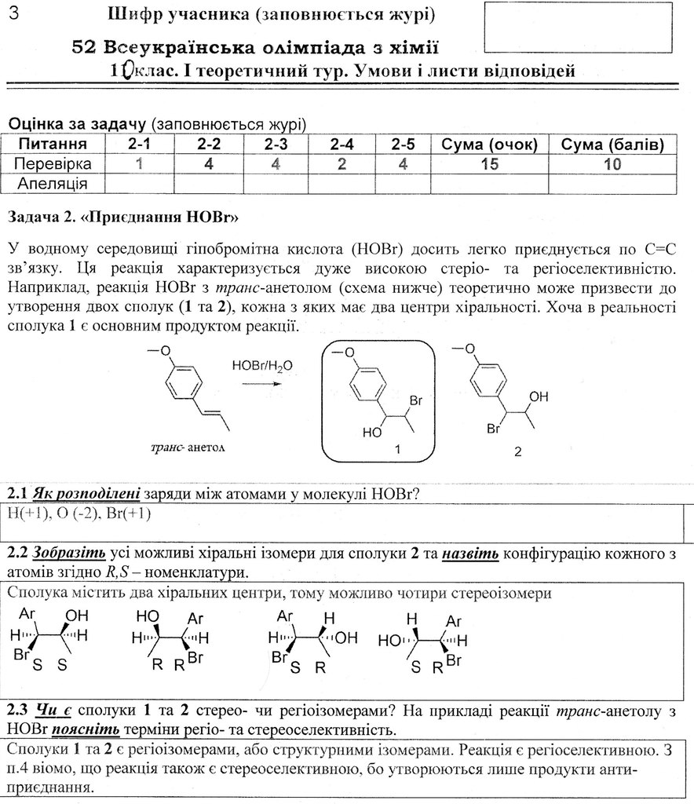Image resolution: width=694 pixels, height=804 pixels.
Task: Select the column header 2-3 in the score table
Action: (x=276, y=144)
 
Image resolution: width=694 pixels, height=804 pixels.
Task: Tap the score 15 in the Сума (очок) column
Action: (x=489, y=164)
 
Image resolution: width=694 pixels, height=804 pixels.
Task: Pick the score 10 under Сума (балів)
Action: (x=612, y=164)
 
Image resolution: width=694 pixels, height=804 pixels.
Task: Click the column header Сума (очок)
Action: (x=489, y=144)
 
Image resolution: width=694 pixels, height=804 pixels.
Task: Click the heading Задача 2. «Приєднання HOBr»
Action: (x=122, y=215)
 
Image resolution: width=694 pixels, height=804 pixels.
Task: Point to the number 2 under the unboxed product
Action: (x=517, y=452)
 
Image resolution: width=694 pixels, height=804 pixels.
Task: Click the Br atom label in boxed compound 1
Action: (x=416, y=401)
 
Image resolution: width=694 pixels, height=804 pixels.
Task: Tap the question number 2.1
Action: (x=18, y=494)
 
